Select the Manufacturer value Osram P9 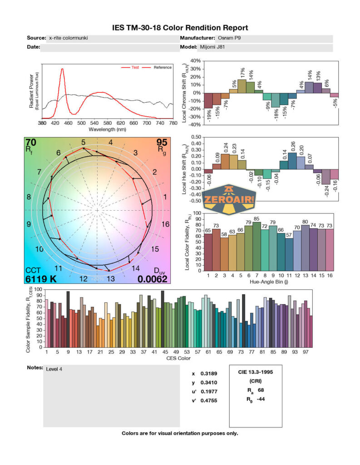click(228, 38)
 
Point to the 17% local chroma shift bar click(242, 86)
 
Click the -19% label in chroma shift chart click(208, 116)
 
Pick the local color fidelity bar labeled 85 click(256, 246)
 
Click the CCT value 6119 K click(41, 279)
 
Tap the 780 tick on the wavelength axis click(172, 123)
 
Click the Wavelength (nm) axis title click(107, 129)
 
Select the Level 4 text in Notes click(54, 369)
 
